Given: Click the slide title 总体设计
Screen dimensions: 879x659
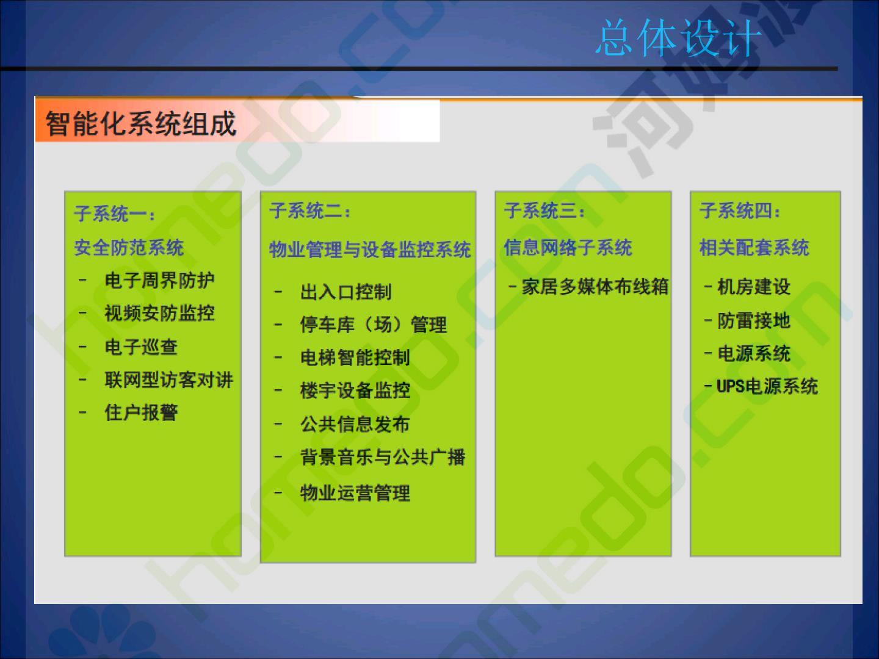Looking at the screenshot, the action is pos(678,38).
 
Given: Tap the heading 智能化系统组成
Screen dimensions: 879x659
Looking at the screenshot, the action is pos(140,123).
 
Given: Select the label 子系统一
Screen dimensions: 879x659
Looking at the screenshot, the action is pos(110,214).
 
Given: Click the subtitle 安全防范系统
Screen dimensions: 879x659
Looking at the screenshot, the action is pos(129,247).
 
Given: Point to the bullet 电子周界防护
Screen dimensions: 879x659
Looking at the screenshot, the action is pos(160,280).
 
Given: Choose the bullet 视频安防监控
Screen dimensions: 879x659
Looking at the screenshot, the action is pos(160,313).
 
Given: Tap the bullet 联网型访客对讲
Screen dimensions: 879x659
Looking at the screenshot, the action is pos(168,380).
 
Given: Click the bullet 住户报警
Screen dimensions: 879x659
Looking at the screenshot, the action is pos(141,412).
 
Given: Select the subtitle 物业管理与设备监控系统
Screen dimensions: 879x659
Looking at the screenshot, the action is pos(370,250).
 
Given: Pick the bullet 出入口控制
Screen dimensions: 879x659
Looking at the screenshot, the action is pos(346,292).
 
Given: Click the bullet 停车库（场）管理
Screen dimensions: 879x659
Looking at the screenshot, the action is pos(374,325).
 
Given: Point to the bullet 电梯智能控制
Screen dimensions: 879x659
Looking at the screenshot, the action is pos(355,358).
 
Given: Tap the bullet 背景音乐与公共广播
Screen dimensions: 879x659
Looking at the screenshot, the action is pos(383,457).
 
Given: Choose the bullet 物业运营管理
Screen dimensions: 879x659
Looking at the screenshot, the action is pos(355,493).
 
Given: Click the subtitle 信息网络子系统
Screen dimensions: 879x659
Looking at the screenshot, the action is pos(568,247).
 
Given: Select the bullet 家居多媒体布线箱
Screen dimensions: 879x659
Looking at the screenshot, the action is pos(595,287).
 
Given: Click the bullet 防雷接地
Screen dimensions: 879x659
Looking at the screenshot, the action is pos(754,320).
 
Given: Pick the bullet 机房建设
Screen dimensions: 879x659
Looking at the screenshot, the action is pos(754,287).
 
